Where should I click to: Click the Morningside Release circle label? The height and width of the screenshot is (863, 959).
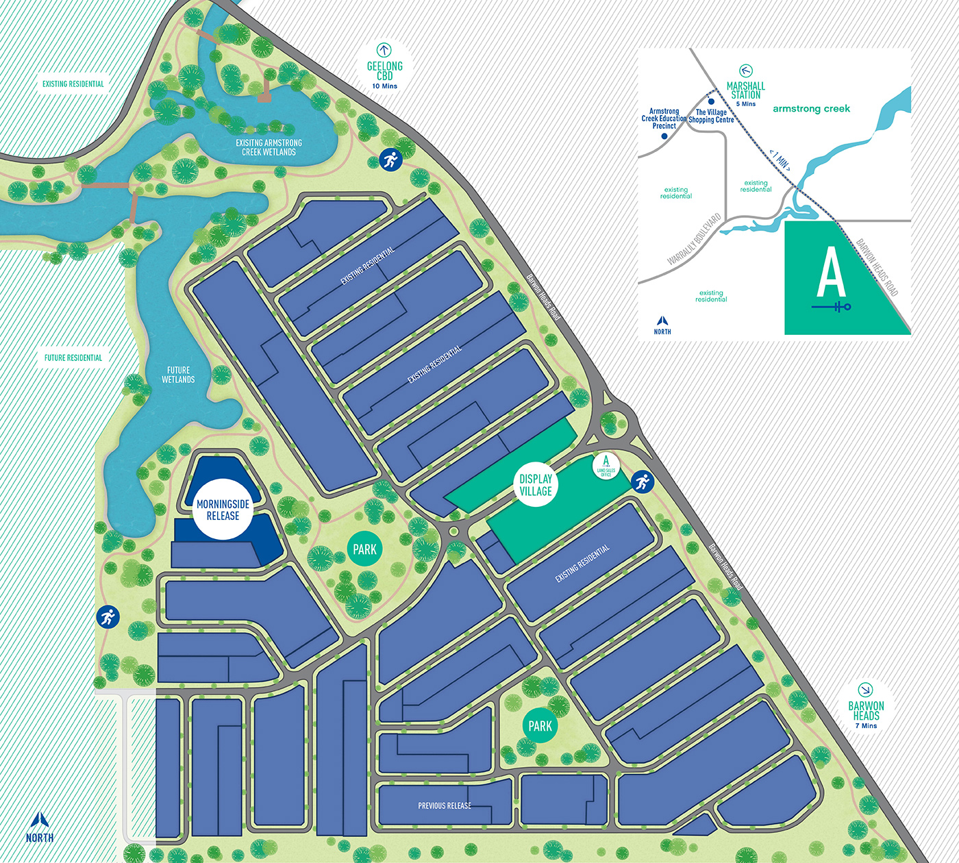tap(223, 510)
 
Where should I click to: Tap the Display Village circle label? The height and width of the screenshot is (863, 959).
tap(536, 485)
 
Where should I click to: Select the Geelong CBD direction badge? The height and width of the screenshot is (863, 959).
tap(384, 67)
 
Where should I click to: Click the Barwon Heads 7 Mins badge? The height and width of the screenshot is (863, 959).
tap(866, 706)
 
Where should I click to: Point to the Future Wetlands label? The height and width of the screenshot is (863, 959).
tap(178, 375)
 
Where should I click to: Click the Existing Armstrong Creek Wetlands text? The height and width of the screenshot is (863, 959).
tap(269, 147)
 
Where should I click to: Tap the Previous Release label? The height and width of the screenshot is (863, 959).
tap(445, 805)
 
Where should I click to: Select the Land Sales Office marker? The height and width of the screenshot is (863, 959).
tap(606, 466)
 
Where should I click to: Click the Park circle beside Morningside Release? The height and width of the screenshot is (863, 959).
tap(364, 549)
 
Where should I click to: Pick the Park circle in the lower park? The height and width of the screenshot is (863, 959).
tap(540, 726)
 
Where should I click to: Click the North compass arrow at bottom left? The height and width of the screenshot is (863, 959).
tap(40, 820)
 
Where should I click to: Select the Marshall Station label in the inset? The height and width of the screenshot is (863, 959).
tap(746, 90)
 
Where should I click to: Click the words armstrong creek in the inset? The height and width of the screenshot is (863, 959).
tap(811, 109)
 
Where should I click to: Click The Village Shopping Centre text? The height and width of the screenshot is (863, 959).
tap(711, 116)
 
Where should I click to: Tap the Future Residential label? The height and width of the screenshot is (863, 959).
tap(73, 358)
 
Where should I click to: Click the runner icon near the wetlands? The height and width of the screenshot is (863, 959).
tap(390, 160)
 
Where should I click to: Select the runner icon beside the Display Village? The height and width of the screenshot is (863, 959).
tap(642, 481)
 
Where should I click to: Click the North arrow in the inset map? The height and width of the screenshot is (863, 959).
tap(662, 321)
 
